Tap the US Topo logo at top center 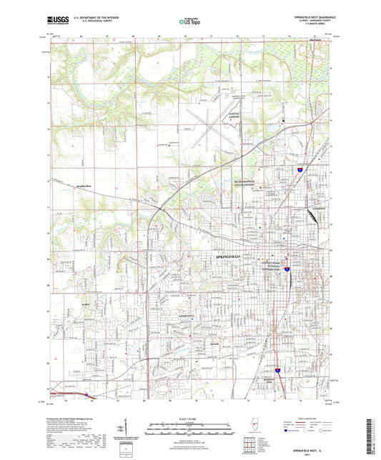(189, 22)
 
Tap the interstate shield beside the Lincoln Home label (287, 269)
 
